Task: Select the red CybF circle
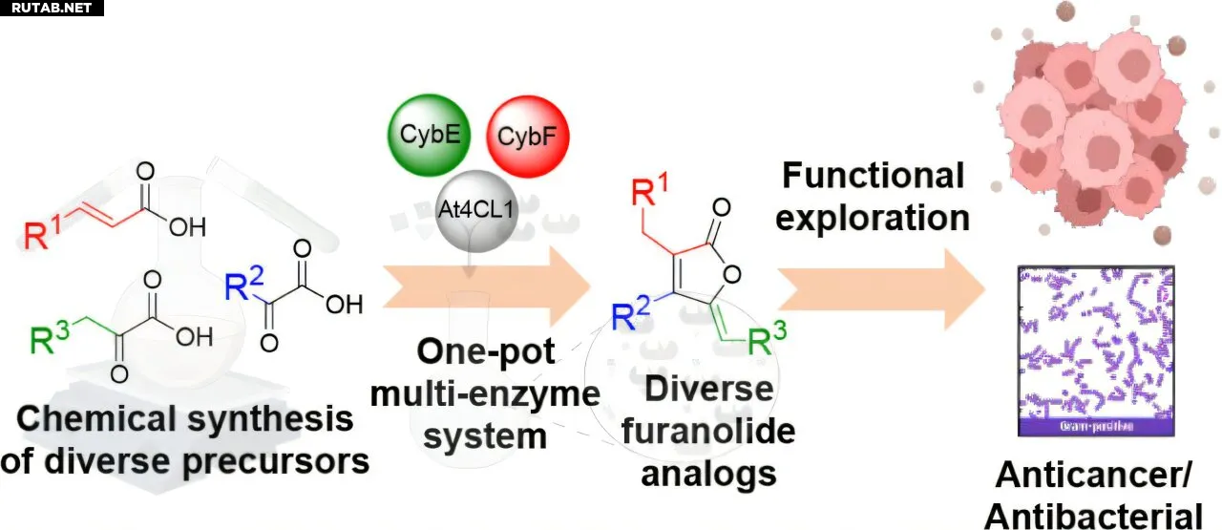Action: pos(528,137)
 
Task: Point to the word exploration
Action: pos(873,218)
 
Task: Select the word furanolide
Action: pos(707,431)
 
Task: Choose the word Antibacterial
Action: pos(1093,516)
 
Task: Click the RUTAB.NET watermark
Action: pos(50,8)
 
